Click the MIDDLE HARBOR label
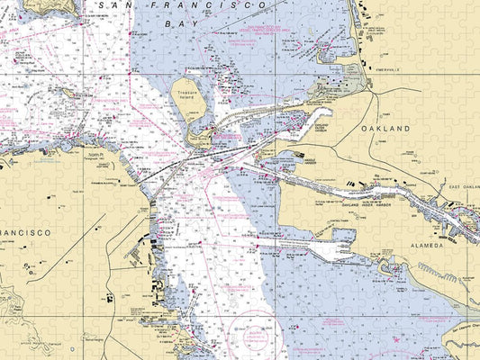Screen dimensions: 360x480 click(x=291, y=159)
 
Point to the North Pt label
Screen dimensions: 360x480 click(x=96, y=156)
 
